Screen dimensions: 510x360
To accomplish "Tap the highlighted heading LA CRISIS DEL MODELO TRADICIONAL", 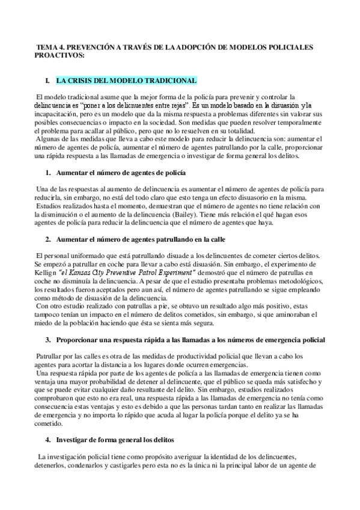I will pyautogui.click(x=126, y=80).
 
